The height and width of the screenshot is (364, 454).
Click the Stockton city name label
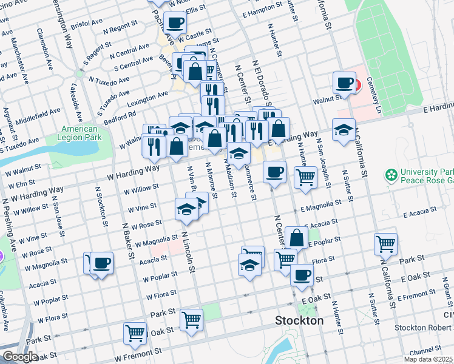pyautogui.click(x=299, y=320)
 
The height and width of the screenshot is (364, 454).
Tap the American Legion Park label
pyautogui.click(x=80, y=133)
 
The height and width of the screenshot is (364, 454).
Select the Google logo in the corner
pyautogui.click(x=20, y=357)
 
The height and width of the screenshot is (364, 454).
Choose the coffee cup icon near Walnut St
pyautogui.click(x=344, y=82)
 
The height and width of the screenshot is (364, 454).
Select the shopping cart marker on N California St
pyautogui.click(x=385, y=244)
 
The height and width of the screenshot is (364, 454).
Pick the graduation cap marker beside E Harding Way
pyautogui.click(x=344, y=129)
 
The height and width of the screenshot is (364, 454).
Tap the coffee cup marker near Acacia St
pyautogui.click(x=101, y=263)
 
